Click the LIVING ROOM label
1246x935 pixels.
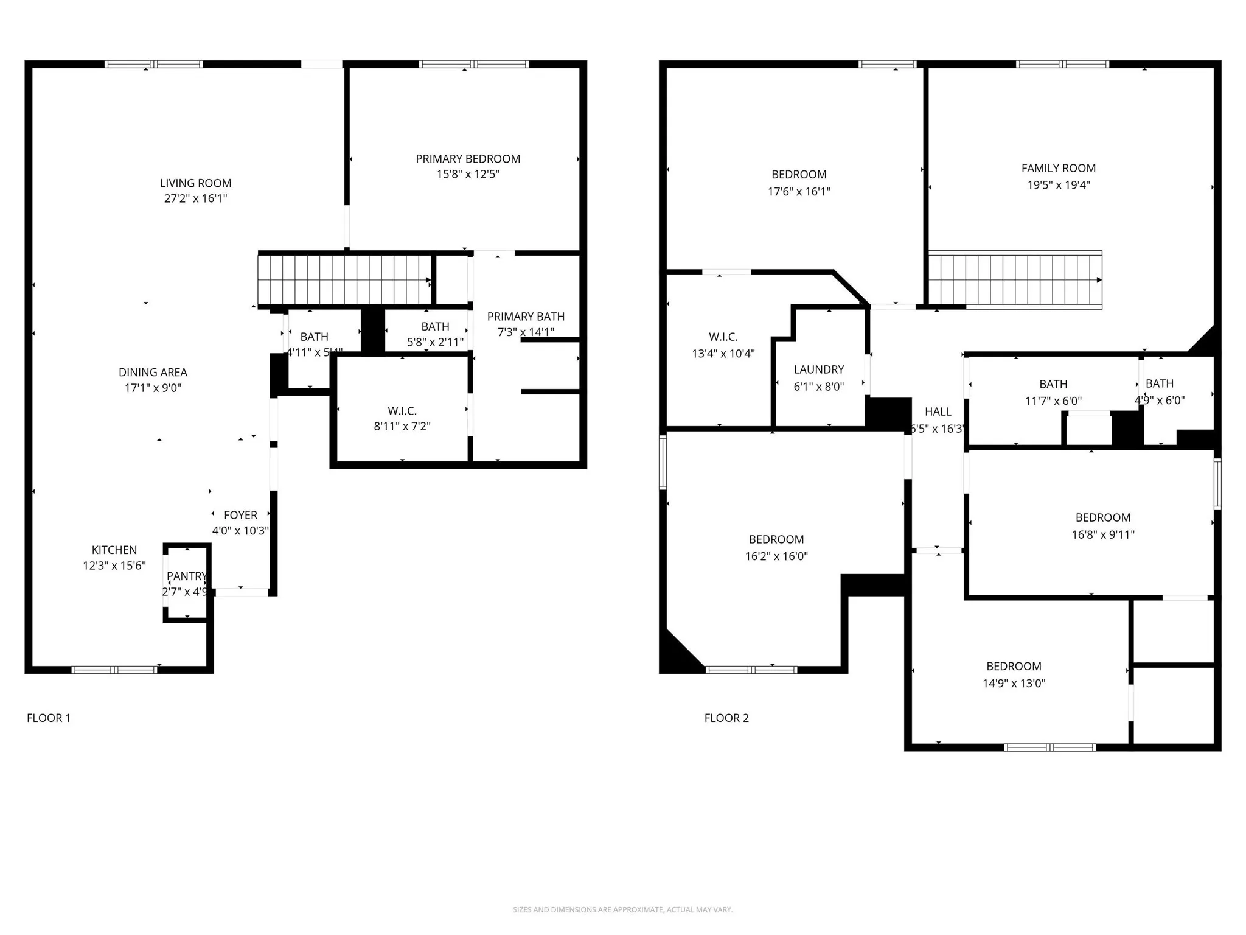[195, 183]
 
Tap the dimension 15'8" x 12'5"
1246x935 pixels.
[468, 174]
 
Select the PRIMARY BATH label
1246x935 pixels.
[526, 317]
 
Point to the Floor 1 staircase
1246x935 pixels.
[344, 280]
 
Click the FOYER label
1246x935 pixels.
[240, 515]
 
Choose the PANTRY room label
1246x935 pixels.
[187, 576]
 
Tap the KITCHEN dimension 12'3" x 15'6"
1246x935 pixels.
[114, 566]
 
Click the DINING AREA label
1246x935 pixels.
[153, 372]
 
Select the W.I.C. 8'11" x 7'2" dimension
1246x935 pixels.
[402, 426]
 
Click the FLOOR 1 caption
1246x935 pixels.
[49, 718]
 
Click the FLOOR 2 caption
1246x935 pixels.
[726, 718]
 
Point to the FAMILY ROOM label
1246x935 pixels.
[1058, 168]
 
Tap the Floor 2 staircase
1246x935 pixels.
[1015, 280]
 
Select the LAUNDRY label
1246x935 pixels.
[819, 369]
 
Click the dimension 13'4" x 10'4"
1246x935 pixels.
[723, 353]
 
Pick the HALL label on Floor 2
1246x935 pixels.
[938, 411]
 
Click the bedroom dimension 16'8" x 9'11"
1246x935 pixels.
[1102, 534]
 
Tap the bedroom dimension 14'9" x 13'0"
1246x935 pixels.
[1014, 683]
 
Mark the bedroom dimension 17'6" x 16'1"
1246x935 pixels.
[799, 191]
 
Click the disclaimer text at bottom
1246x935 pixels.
[622, 910]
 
